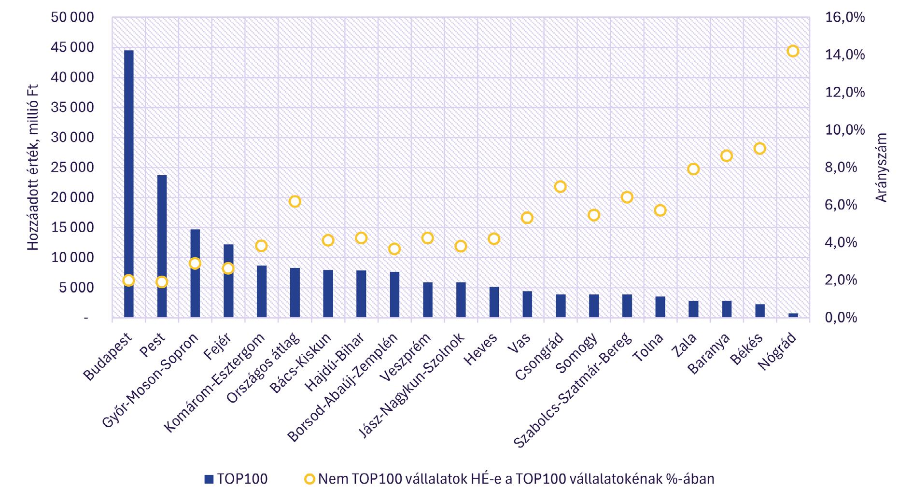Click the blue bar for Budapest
(x=129, y=183)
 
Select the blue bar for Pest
(x=162, y=246)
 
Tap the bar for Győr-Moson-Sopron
(x=195, y=273)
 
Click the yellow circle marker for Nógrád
(x=793, y=51)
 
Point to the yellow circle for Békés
(x=759, y=148)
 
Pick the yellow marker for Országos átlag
(x=295, y=201)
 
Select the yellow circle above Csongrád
(x=560, y=186)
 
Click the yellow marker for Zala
(x=693, y=169)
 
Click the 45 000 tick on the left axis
(x=72, y=47)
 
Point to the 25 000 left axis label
(x=72, y=167)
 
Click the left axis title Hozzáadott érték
(x=33, y=167)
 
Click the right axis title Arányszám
(x=882, y=167)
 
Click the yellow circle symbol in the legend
(x=309, y=479)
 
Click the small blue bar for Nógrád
(x=793, y=315)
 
